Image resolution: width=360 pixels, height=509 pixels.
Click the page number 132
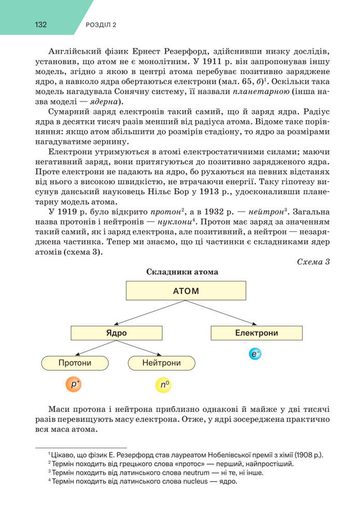coord(42,24)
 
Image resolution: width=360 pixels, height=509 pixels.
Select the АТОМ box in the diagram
coord(186,290)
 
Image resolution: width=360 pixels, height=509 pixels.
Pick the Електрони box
coord(256,333)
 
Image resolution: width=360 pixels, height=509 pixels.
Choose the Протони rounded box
coord(75,363)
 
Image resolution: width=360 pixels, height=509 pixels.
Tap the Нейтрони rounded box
coord(161,363)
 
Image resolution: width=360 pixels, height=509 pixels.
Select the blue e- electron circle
coord(255,354)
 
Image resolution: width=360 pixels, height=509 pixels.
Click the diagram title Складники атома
coord(182,272)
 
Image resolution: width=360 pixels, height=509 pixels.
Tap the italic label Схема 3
coord(313,262)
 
